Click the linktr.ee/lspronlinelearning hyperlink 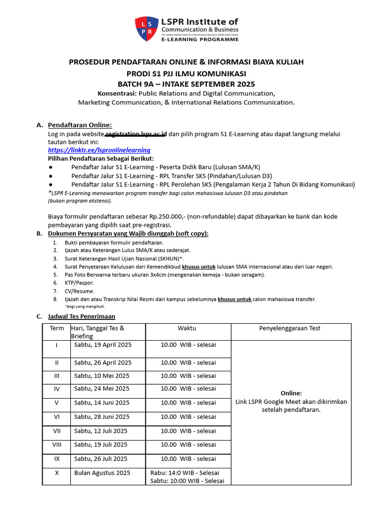pyautogui.click(x=99, y=150)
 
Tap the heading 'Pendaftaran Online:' pyautogui.click(x=80, y=125)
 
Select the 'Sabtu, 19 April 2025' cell pyautogui.click(x=103, y=345)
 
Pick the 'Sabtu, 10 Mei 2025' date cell pyautogui.click(x=102, y=376)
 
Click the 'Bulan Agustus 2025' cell pyautogui.click(x=102, y=473)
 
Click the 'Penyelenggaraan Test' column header pyautogui.click(x=290, y=328)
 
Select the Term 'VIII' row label pyautogui.click(x=57, y=445)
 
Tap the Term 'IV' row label pyautogui.click(x=57, y=389)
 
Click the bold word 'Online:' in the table pyautogui.click(x=291, y=393)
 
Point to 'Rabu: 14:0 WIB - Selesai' pyautogui.click(x=185, y=473)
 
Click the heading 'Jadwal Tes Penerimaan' pyautogui.click(x=82, y=316)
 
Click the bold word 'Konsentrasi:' pyautogui.click(x=117, y=93)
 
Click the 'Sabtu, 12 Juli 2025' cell pyautogui.click(x=101, y=431)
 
